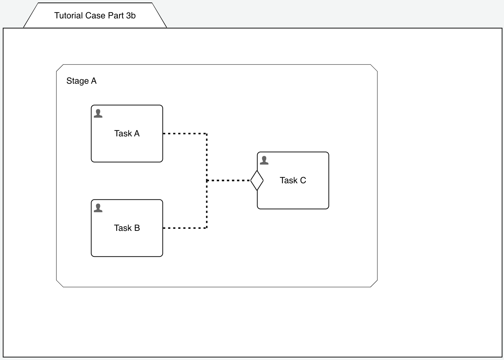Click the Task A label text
127,133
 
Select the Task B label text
127,228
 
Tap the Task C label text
293,180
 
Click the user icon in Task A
98,114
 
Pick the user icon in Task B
98,208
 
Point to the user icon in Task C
264,161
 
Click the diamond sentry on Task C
257,180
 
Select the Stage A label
81,81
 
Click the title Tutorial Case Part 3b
95,16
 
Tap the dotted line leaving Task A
184,133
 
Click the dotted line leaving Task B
184,228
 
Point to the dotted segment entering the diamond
229,180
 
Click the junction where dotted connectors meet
207,180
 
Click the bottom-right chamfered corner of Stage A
374,284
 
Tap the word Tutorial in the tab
68,16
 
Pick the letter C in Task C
303,180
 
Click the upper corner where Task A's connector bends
207,133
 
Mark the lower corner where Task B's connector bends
207,228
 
